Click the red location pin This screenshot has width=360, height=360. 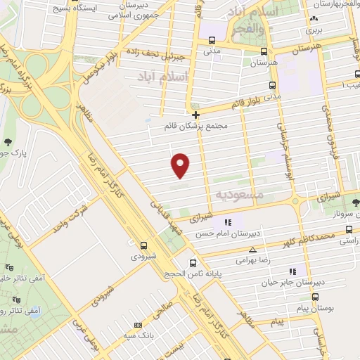(181, 165)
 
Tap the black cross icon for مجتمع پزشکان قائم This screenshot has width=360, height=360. (195, 114)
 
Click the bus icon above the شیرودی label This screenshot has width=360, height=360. (143, 245)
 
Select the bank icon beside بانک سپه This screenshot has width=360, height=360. (138, 325)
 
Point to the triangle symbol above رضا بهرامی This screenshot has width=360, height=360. (252, 250)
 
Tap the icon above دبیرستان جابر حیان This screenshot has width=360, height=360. (292, 271)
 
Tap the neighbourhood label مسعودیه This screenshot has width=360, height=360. (239, 193)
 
